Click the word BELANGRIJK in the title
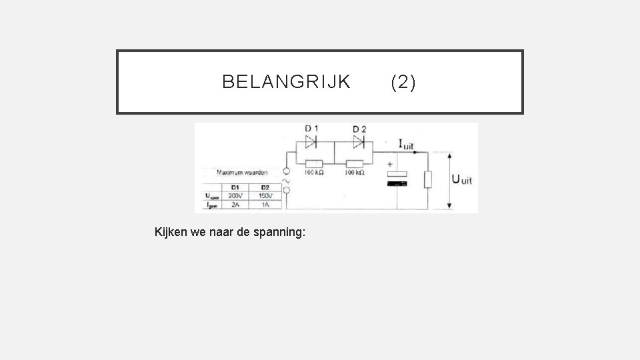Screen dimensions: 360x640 [286, 82]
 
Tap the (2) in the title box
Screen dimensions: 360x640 [403, 82]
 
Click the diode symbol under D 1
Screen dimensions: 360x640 [311, 141]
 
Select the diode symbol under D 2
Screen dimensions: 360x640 [359, 141]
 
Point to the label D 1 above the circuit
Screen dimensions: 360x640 [311, 129]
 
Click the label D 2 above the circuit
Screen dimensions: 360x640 [359, 129]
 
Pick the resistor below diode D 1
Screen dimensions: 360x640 [313, 163]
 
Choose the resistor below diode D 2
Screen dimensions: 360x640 [354, 163]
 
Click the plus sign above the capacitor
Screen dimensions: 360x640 [389, 163]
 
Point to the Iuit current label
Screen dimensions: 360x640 [405, 143]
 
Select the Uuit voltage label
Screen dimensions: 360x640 [462, 179]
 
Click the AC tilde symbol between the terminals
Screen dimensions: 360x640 [287, 180]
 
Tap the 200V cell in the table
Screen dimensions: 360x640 [235, 196]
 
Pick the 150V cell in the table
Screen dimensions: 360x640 [265, 196]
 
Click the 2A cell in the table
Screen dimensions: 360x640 [235, 205]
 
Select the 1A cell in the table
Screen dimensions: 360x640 [265, 205]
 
